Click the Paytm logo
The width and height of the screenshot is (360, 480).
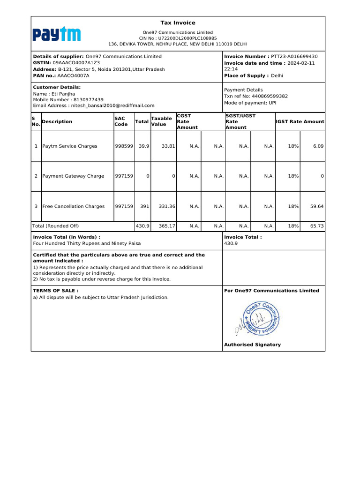click(56, 34)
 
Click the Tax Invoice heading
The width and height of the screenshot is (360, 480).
click(178, 23)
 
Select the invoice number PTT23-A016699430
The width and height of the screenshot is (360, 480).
click(294, 56)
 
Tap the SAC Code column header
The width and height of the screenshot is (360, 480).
click(121, 121)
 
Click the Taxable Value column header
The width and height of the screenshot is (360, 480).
click(161, 121)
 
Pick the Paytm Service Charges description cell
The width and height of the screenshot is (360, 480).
click(70, 146)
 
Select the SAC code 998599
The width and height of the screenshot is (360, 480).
click(124, 146)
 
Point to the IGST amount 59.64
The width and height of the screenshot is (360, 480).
click(316, 206)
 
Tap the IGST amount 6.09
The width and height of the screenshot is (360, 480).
click(318, 146)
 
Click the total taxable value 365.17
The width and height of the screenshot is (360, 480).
click(167, 226)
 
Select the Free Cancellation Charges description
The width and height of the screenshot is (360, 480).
click(74, 206)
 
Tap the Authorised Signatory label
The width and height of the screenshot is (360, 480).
click(252, 345)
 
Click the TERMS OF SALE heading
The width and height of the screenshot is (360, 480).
click(55, 291)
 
